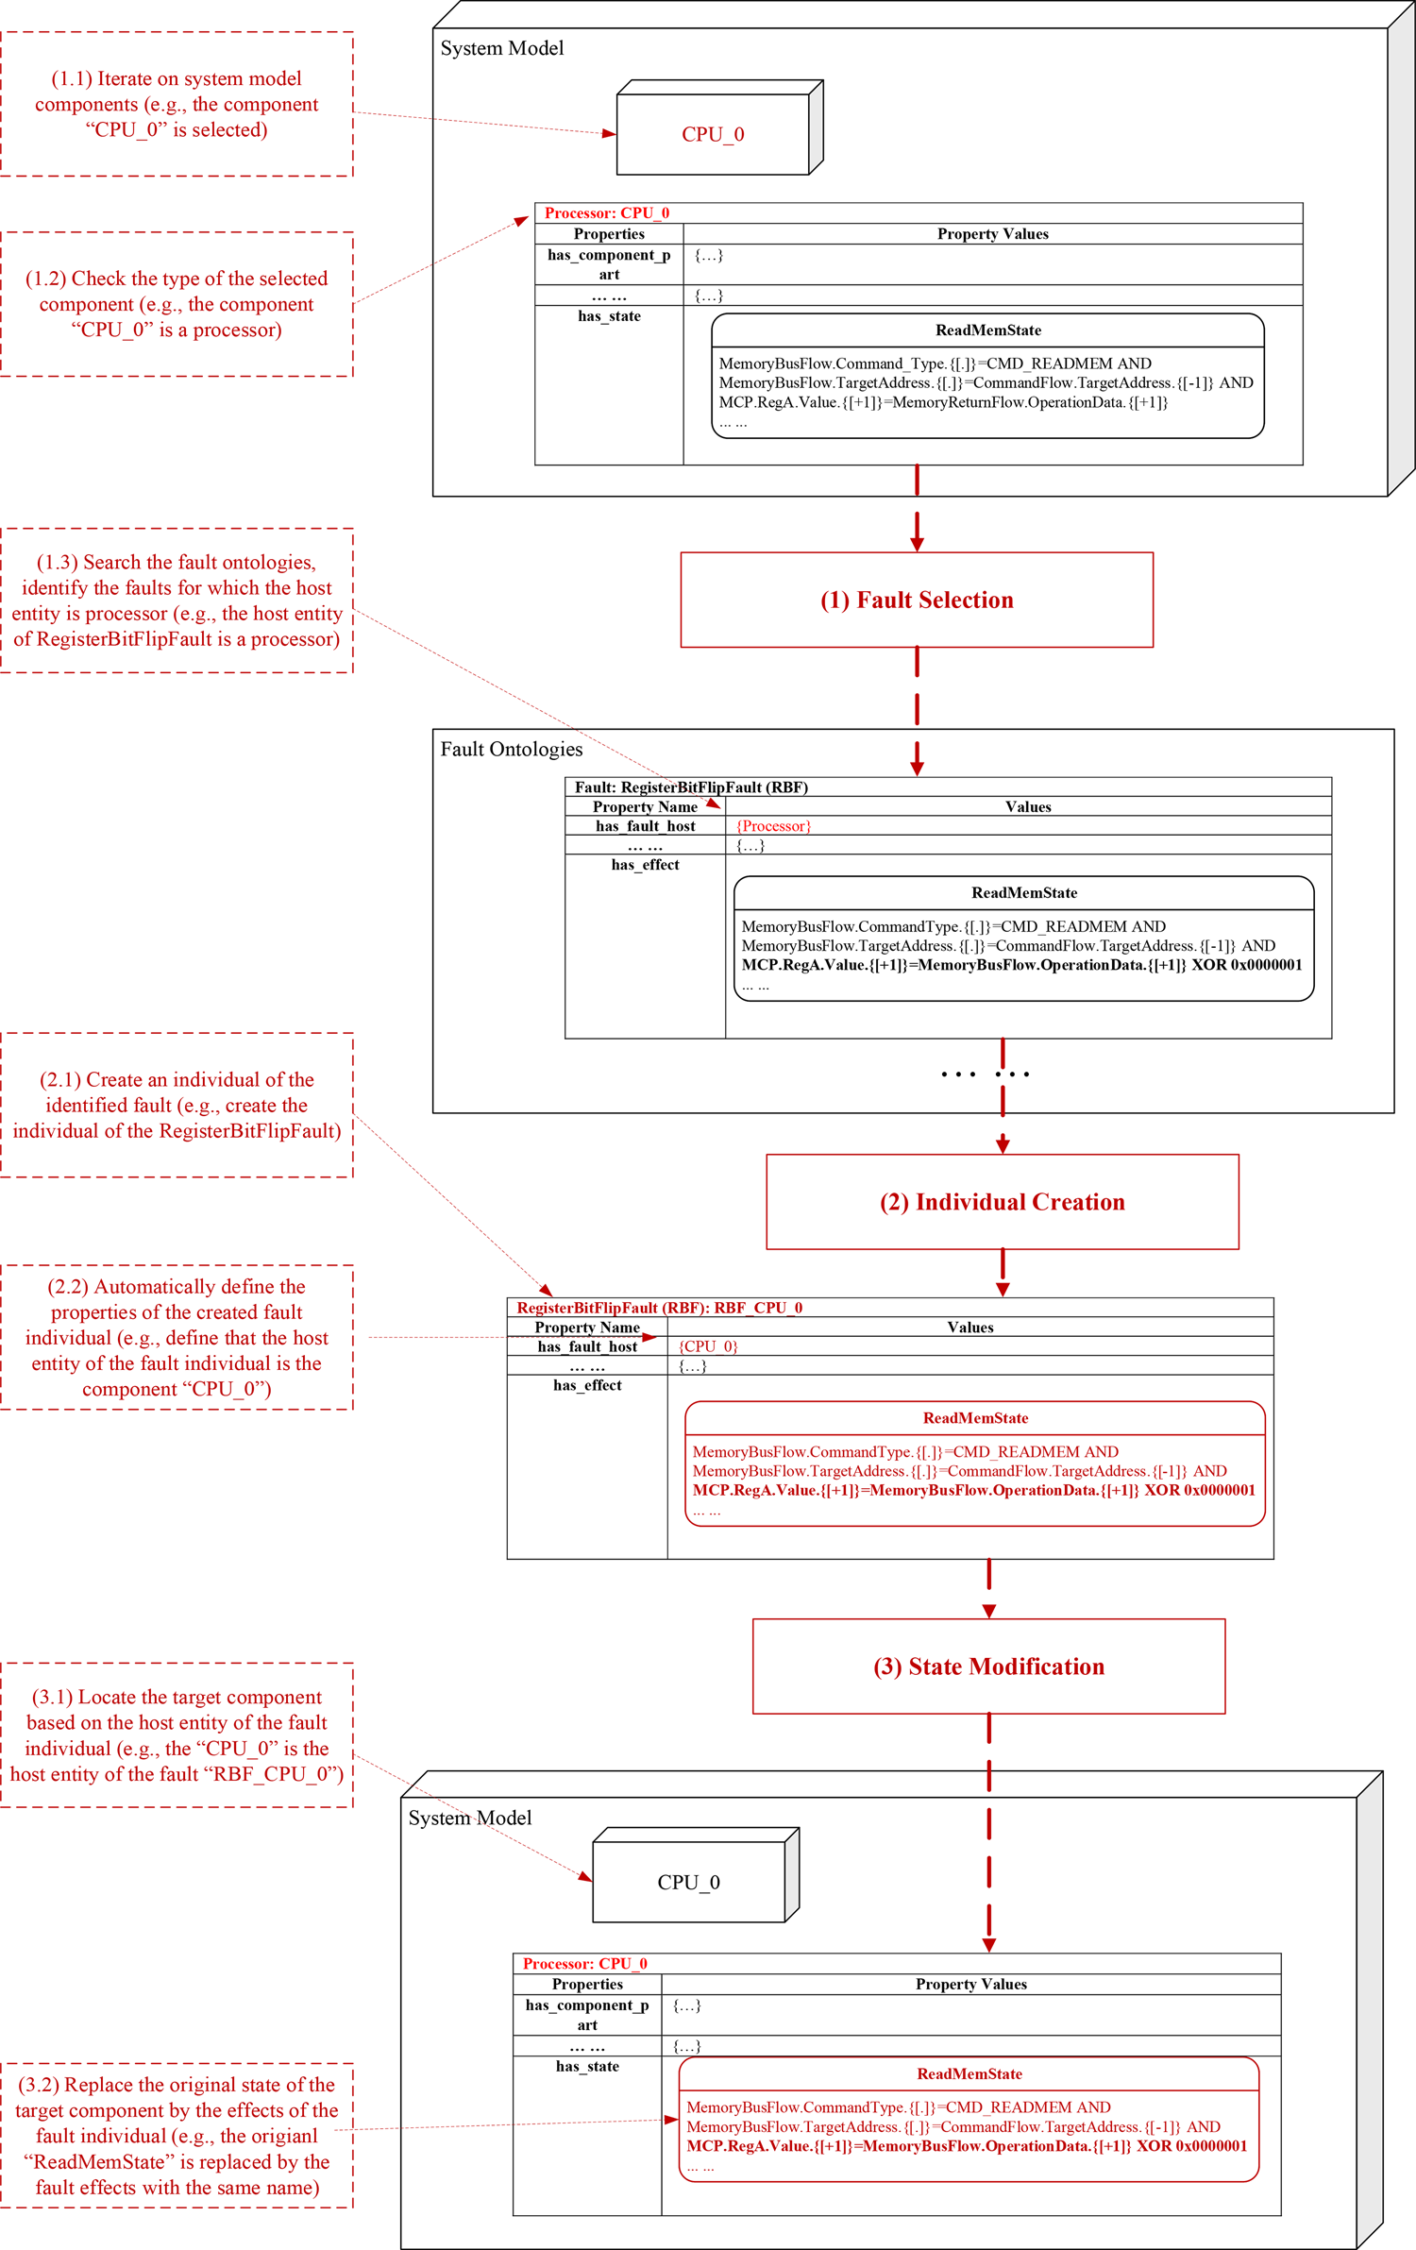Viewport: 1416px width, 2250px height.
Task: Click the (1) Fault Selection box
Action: coord(917,600)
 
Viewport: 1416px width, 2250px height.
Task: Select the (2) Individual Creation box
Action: coord(1003,1202)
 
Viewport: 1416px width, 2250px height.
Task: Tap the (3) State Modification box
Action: coord(988,1666)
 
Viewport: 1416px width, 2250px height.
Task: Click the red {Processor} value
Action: coord(773,826)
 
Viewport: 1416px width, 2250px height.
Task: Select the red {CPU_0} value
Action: coord(708,1346)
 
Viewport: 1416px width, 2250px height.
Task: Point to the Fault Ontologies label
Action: coord(512,750)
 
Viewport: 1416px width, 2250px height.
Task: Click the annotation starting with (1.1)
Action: coord(177,104)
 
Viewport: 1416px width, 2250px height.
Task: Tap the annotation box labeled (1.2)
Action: coord(177,304)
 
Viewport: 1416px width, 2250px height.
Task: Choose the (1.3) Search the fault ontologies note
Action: coord(177,601)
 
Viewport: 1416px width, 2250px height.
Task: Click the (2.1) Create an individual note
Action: coord(177,1106)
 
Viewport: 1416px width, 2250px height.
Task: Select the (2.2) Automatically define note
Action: coord(177,1338)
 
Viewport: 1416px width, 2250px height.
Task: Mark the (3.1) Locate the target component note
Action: coord(177,1735)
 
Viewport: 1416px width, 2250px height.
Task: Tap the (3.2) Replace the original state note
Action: coord(177,2136)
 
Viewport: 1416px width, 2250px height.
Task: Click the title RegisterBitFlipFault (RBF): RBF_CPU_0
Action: coord(659,1308)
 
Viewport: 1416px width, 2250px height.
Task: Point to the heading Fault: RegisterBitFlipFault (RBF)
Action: coord(691,787)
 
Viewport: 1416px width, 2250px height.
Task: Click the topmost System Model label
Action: coord(502,48)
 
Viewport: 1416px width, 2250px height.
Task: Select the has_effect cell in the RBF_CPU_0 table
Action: coord(587,1385)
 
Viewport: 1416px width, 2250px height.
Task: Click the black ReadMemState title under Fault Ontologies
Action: coord(1024,893)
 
